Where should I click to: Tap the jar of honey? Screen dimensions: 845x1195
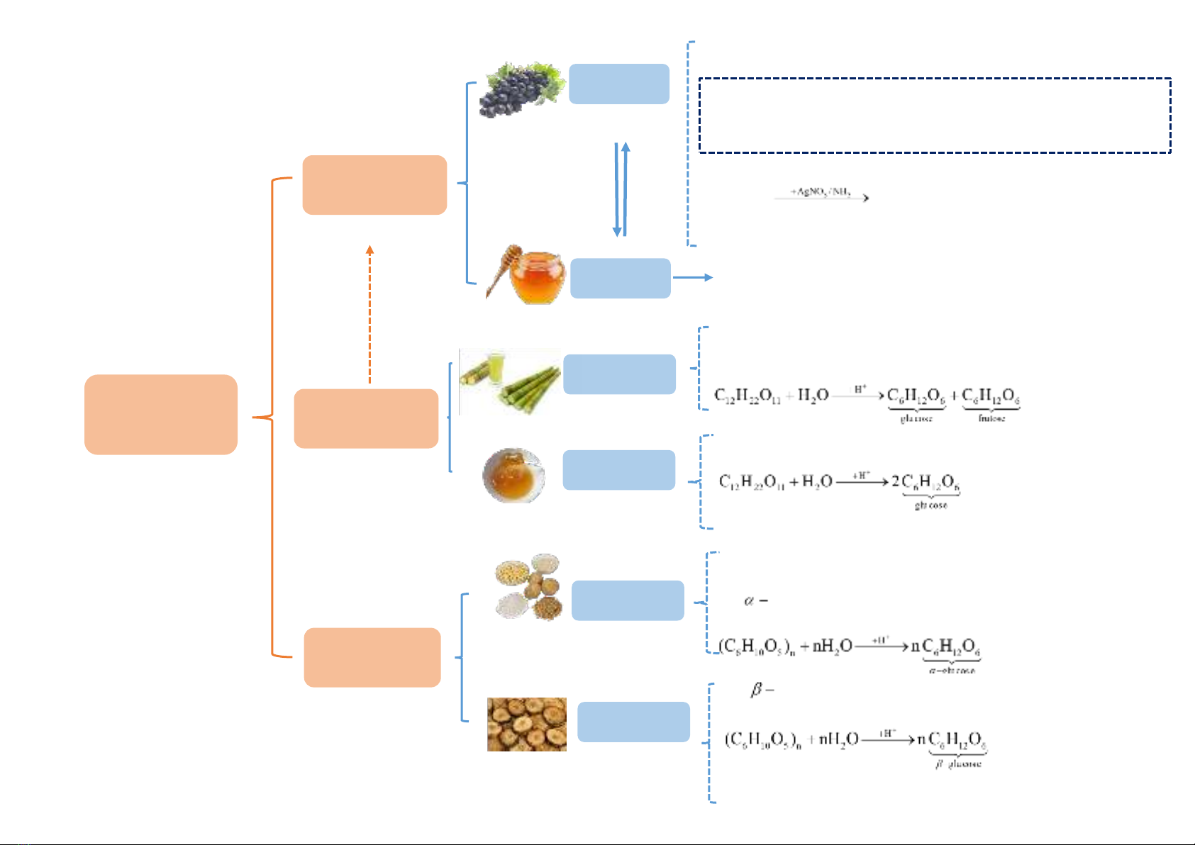(x=537, y=279)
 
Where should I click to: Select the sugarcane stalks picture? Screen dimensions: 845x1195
(x=509, y=381)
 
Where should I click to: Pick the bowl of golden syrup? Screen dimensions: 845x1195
(x=513, y=475)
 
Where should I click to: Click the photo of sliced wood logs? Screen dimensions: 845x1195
(x=526, y=724)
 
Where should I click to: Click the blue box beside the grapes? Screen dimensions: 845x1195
(x=618, y=84)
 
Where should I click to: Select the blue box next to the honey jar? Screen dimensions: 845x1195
(x=620, y=278)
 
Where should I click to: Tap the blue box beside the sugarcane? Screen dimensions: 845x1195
(x=619, y=374)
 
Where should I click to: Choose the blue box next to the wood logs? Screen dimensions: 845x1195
(x=633, y=722)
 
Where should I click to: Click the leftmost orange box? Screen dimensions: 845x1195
(x=160, y=414)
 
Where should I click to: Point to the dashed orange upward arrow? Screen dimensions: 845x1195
(x=369, y=315)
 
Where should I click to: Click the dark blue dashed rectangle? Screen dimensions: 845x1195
(x=934, y=116)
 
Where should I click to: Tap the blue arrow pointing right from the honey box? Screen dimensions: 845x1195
(x=692, y=277)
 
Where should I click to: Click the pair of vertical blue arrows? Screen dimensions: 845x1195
(x=621, y=189)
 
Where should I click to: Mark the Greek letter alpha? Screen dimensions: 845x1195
(x=749, y=601)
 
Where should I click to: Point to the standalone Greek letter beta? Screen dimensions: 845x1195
(x=757, y=689)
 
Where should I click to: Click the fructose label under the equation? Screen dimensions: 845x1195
(x=991, y=418)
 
